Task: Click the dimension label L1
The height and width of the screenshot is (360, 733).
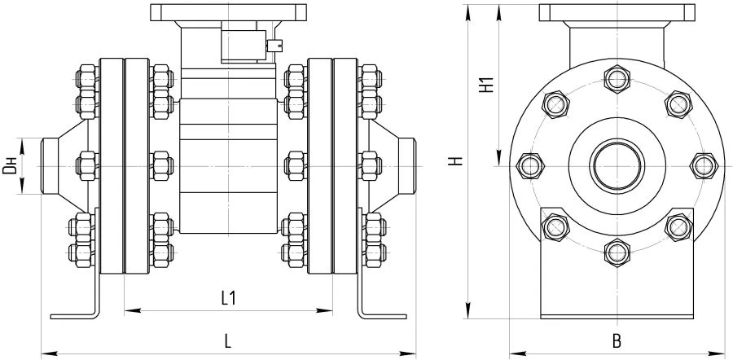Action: click(229, 299)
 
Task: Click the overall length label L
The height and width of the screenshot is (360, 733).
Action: click(228, 342)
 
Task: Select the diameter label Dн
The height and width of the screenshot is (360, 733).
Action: click(10, 167)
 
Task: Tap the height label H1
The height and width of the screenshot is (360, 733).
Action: click(485, 86)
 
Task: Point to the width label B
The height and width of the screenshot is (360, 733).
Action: click(617, 342)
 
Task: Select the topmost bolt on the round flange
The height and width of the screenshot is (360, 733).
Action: click(617, 80)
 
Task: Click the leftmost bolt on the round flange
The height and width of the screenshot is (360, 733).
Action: click(530, 166)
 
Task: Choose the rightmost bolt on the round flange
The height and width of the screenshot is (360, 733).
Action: click(703, 166)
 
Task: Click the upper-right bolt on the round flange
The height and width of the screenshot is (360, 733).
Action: click(678, 105)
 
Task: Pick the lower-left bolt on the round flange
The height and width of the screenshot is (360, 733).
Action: click(555, 227)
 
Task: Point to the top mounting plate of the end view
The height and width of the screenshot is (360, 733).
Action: click(617, 13)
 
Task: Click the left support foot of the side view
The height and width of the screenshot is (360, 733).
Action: click(77, 314)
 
